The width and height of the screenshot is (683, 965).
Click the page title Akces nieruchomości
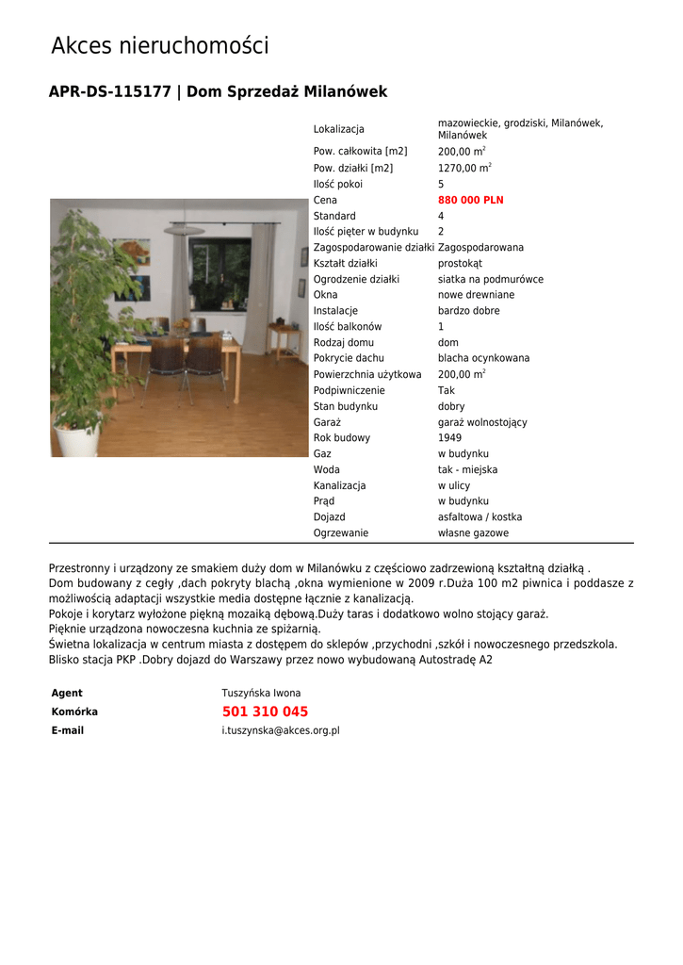pos(159,45)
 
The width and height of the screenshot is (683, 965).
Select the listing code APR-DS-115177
pos(109,92)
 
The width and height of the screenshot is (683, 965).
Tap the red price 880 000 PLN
pos(470,201)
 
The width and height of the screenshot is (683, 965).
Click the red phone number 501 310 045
pos(265,711)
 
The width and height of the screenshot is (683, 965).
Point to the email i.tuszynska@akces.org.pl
pos(281,730)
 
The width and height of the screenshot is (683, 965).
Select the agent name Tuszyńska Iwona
pos(261,694)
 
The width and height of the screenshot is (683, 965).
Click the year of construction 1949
pos(449,438)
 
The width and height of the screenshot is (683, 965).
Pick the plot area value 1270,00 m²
pos(463,169)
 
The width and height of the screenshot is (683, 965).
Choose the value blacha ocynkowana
pos(483,358)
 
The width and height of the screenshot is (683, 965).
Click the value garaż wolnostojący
pos(482,422)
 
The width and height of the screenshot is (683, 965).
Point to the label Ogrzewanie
pos(341,533)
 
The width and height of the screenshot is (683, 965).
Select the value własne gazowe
pos(473,533)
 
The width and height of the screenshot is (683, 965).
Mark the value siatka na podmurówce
pos(490,280)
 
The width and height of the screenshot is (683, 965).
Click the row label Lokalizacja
pos(338,129)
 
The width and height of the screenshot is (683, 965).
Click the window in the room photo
pos(220,274)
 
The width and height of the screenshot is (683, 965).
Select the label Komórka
pos(74,712)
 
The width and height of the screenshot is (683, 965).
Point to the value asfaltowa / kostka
pos(480,517)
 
